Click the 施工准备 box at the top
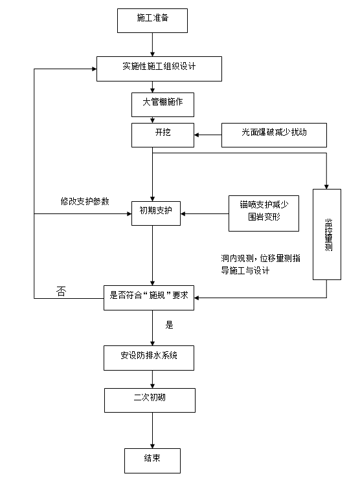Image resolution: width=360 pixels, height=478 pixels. click(x=152, y=20)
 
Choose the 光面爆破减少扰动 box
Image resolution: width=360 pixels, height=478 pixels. click(x=275, y=135)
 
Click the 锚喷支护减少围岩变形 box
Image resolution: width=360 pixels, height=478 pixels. click(x=264, y=212)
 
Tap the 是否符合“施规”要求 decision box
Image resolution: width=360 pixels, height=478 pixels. click(x=150, y=298)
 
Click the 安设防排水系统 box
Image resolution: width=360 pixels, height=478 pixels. click(x=149, y=357)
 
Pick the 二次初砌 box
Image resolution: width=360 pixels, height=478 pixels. click(x=149, y=399)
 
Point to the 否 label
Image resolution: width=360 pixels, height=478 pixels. click(x=61, y=292)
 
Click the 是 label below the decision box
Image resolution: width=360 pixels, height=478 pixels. click(x=170, y=325)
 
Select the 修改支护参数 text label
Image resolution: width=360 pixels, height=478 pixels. click(x=84, y=201)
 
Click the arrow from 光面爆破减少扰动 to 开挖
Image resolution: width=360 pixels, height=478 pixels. click(x=208, y=135)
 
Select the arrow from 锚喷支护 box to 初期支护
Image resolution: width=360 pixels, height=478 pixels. click(x=204, y=212)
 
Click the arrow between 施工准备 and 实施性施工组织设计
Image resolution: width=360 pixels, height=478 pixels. click(x=152, y=45)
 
